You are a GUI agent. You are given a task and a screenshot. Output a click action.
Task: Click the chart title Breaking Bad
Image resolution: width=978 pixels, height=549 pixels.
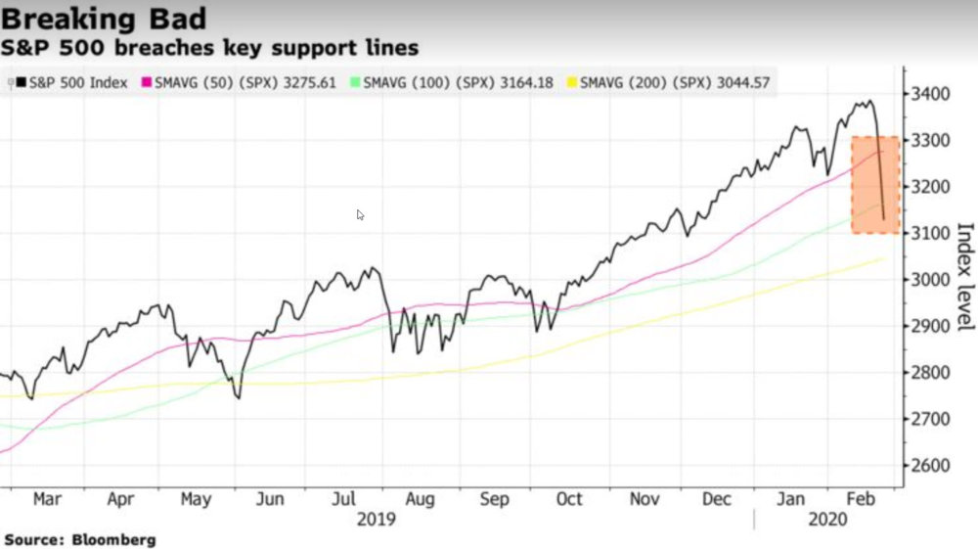(106, 19)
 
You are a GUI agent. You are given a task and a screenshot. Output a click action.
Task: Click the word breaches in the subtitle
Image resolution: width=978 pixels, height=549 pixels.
(164, 47)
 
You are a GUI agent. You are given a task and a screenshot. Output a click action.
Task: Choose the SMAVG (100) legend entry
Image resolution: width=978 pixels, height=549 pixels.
(456, 83)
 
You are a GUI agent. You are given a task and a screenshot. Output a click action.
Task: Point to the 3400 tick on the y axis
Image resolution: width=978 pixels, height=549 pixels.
(930, 94)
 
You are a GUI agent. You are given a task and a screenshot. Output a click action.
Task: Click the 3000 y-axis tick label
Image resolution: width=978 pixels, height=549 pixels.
(930, 280)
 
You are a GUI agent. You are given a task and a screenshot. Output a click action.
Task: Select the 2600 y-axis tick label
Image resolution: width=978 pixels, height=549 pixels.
(930, 466)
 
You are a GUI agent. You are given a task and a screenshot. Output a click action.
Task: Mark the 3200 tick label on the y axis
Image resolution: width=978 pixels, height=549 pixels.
(930, 187)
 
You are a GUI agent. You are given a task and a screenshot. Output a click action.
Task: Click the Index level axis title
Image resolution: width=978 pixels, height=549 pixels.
(964, 277)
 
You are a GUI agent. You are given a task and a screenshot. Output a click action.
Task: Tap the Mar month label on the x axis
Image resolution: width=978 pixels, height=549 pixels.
(46, 499)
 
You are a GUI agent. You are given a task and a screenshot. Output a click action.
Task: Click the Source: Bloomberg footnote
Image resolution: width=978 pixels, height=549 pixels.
(79, 539)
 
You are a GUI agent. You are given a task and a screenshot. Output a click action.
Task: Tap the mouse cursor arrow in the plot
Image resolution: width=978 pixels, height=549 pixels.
(360, 214)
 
